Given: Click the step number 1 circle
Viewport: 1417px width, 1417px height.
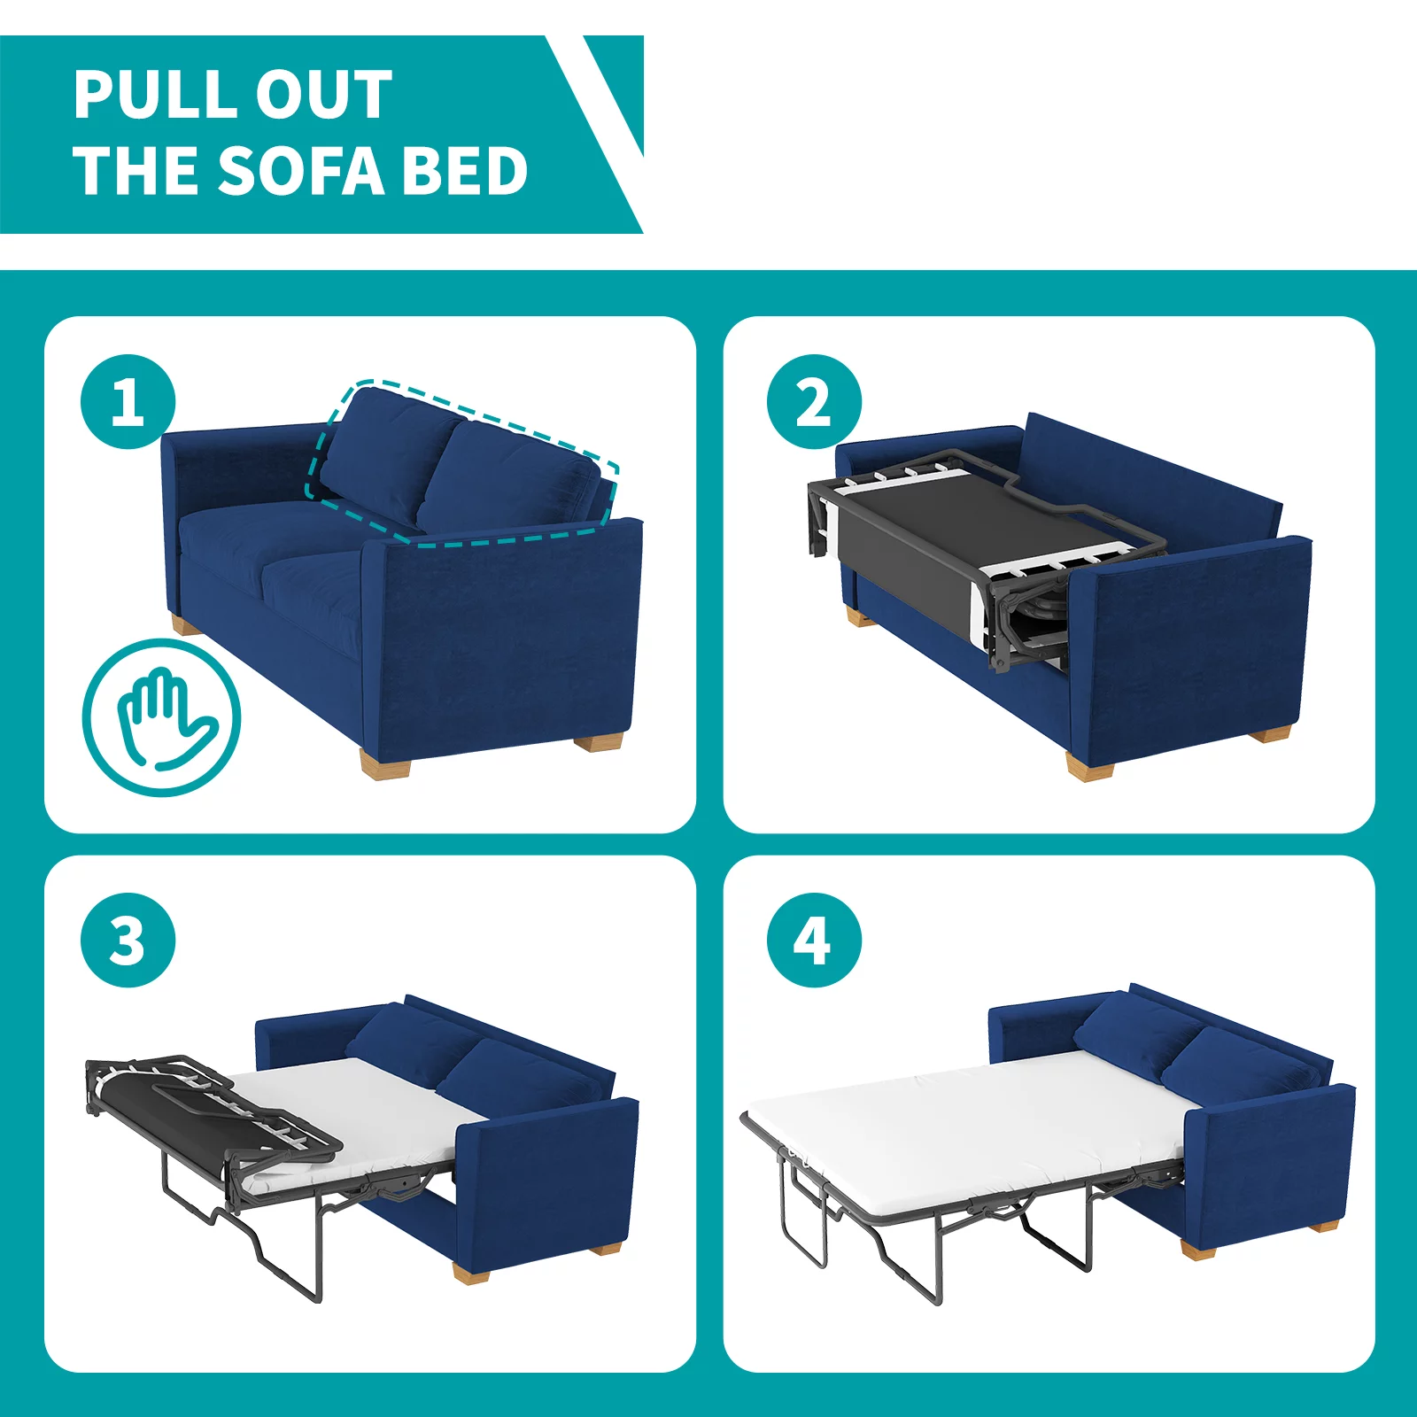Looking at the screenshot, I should tap(128, 402).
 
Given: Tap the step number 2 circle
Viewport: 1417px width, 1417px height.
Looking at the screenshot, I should tap(814, 402).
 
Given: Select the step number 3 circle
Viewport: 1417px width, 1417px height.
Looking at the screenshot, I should tap(128, 941).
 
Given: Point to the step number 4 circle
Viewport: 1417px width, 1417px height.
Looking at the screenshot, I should tap(814, 941).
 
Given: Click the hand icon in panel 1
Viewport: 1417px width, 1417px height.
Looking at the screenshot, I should tap(162, 718).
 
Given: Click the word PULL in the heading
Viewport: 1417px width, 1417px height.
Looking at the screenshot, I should tap(146, 95).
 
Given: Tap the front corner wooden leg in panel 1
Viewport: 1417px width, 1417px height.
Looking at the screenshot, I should tap(386, 763).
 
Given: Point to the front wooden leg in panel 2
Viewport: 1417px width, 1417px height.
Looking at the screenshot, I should tap(1088, 765).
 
